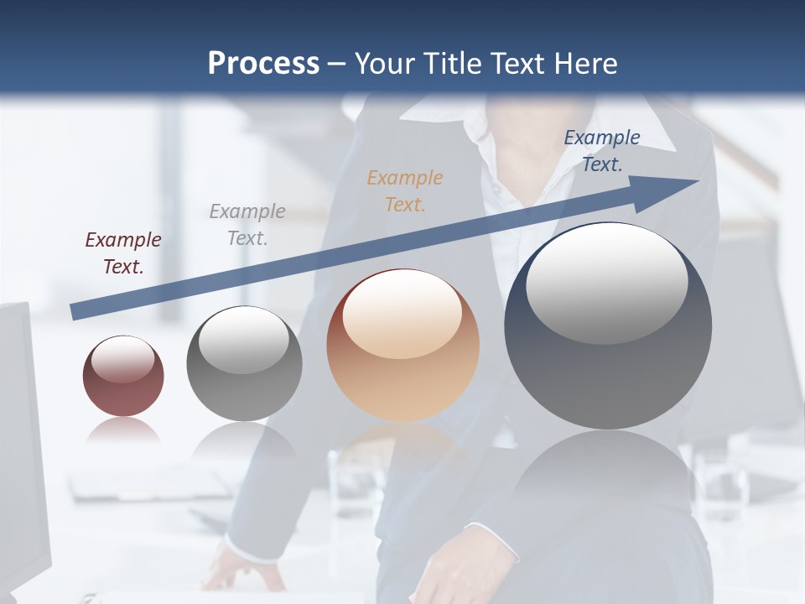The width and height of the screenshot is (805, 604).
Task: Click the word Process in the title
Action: (263, 64)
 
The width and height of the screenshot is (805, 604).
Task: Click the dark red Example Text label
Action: (122, 253)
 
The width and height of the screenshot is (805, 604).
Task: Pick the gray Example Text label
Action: (247, 224)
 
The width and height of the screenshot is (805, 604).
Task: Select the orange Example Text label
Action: (405, 190)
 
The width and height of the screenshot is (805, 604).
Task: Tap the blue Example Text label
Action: (601, 151)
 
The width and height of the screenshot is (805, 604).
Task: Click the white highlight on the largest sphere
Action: (606, 281)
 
